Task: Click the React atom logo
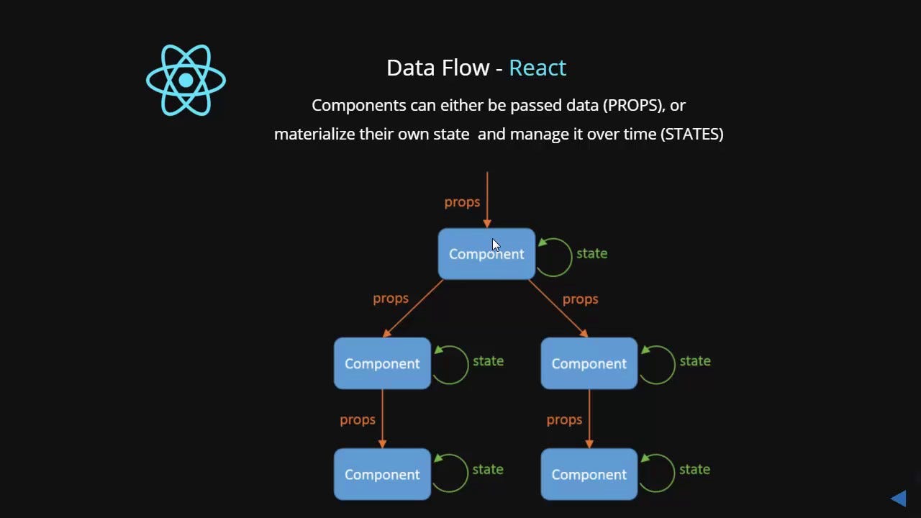coord(186,80)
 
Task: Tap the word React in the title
coord(537,68)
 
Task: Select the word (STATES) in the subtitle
coord(691,134)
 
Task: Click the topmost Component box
coord(486,254)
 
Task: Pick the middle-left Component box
coord(382,363)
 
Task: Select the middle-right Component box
coord(589,363)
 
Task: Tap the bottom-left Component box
coord(382,474)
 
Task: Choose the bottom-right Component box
coord(589,474)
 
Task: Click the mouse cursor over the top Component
coord(496,245)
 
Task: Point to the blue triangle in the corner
coord(898,498)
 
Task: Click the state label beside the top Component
coord(591,253)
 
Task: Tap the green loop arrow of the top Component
coord(555,257)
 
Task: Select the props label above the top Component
coord(462,202)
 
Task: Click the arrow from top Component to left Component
coord(414,308)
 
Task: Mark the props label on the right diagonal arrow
coord(580,299)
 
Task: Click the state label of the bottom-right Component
coord(694,469)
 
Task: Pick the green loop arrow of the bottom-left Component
coord(450,473)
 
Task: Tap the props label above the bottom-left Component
coord(358,419)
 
